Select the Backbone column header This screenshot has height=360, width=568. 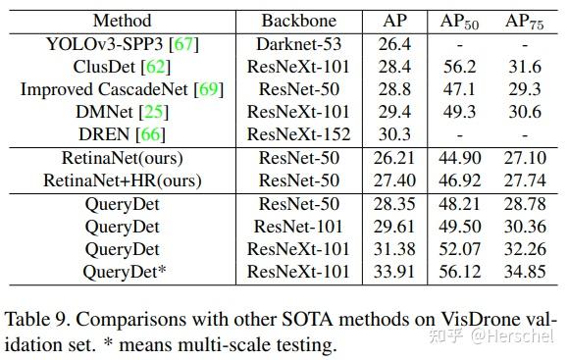(299, 21)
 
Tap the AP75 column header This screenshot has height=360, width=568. (524, 21)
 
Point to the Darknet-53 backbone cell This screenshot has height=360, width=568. (299, 43)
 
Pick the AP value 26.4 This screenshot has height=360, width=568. (393, 43)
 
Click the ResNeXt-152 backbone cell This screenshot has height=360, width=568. (299, 133)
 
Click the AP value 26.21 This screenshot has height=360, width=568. (393, 158)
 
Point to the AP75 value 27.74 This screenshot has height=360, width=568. (524, 180)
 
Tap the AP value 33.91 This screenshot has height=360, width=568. (393, 272)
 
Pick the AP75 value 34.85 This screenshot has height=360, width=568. (524, 272)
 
